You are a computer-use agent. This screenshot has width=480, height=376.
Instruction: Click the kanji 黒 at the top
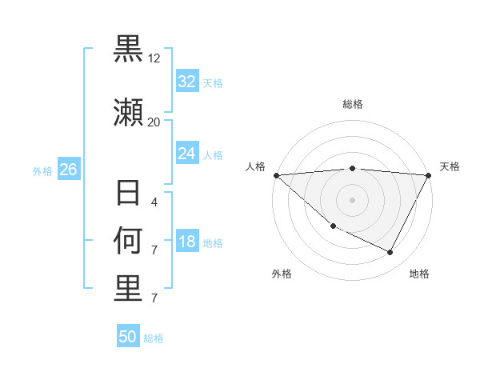128,50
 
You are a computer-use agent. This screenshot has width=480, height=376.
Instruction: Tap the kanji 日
128,194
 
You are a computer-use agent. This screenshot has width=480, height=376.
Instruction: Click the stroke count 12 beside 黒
154,58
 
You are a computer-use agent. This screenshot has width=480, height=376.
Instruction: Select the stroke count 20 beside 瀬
154,122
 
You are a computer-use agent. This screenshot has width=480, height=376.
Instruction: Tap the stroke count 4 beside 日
154,202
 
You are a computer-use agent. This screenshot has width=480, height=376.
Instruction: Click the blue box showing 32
187,82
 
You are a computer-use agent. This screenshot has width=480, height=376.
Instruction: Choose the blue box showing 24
187,154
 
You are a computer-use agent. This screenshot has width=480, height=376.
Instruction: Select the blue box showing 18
187,242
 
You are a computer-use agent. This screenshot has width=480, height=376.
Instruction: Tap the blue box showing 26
69,170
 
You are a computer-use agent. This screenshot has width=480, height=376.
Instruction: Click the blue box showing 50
128,337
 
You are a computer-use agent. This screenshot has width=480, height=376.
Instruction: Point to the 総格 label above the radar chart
353,104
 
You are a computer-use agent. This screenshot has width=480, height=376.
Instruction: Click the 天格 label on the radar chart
450,166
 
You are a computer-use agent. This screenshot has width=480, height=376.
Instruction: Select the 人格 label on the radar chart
255,166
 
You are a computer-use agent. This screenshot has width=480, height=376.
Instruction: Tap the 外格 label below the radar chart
282,274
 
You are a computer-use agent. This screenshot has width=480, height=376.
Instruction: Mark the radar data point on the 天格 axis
430,175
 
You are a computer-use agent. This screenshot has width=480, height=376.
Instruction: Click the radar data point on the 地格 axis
390,253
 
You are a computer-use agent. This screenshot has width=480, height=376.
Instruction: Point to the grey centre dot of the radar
353,200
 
